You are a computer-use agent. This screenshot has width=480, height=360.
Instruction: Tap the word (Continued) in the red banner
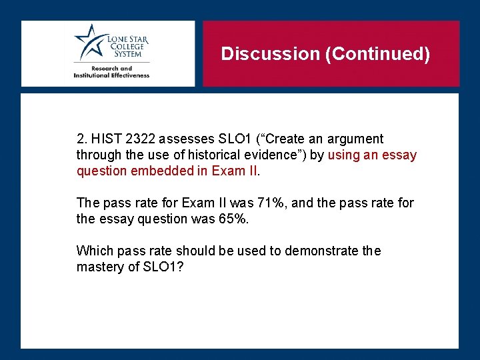[377, 53]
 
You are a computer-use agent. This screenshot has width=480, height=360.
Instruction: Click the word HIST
[105, 139]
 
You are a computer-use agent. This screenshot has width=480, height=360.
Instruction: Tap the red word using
[345, 155]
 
